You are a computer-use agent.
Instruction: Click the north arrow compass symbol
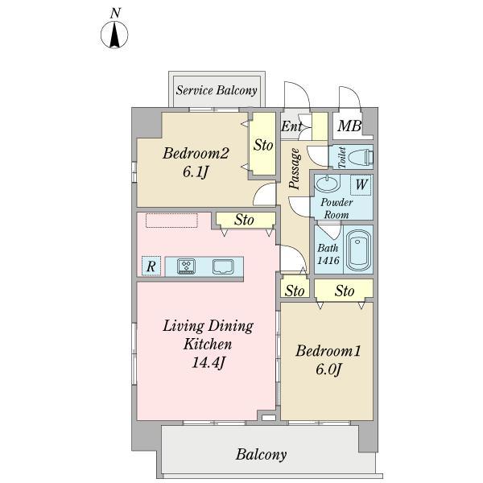(x=114, y=35)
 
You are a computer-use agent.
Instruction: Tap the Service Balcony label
(x=217, y=90)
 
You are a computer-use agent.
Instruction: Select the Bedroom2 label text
(x=196, y=153)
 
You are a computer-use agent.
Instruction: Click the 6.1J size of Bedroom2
(x=196, y=171)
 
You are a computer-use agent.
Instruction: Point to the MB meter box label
(x=349, y=126)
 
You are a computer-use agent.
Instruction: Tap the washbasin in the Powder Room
(x=327, y=184)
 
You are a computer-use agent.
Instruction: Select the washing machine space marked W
(x=361, y=185)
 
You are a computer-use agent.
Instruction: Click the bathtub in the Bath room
(x=358, y=250)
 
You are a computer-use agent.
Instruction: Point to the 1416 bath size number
(x=328, y=261)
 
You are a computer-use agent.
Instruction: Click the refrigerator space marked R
(x=151, y=266)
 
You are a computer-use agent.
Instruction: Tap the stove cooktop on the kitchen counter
(x=187, y=266)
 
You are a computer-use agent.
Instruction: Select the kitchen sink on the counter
(x=223, y=266)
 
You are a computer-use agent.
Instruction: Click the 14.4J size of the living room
(x=208, y=362)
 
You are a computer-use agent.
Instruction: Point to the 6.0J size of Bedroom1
(x=328, y=369)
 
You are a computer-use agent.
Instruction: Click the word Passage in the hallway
(x=295, y=168)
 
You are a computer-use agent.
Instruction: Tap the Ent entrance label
(x=291, y=126)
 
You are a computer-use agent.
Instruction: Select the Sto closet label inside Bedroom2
(x=263, y=146)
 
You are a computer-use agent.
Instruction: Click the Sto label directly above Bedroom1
(x=345, y=291)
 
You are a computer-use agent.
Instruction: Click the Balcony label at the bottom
(x=261, y=455)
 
